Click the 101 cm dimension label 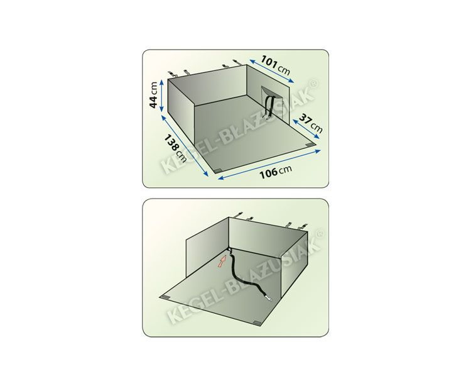coord(276,65)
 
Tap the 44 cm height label coord(153,95)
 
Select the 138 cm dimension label coord(175,148)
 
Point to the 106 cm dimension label coord(276,172)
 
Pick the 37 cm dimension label coord(311,123)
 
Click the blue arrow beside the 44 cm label coord(162,96)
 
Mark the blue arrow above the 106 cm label coord(269,165)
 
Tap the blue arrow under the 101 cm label coord(271,70)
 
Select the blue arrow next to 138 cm coord(185,146)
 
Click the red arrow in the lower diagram coord(222,261)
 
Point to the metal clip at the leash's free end coord(269,298)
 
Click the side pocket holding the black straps coord(272,101)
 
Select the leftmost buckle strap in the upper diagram coord(171,74)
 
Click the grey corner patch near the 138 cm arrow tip coord(217,171)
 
